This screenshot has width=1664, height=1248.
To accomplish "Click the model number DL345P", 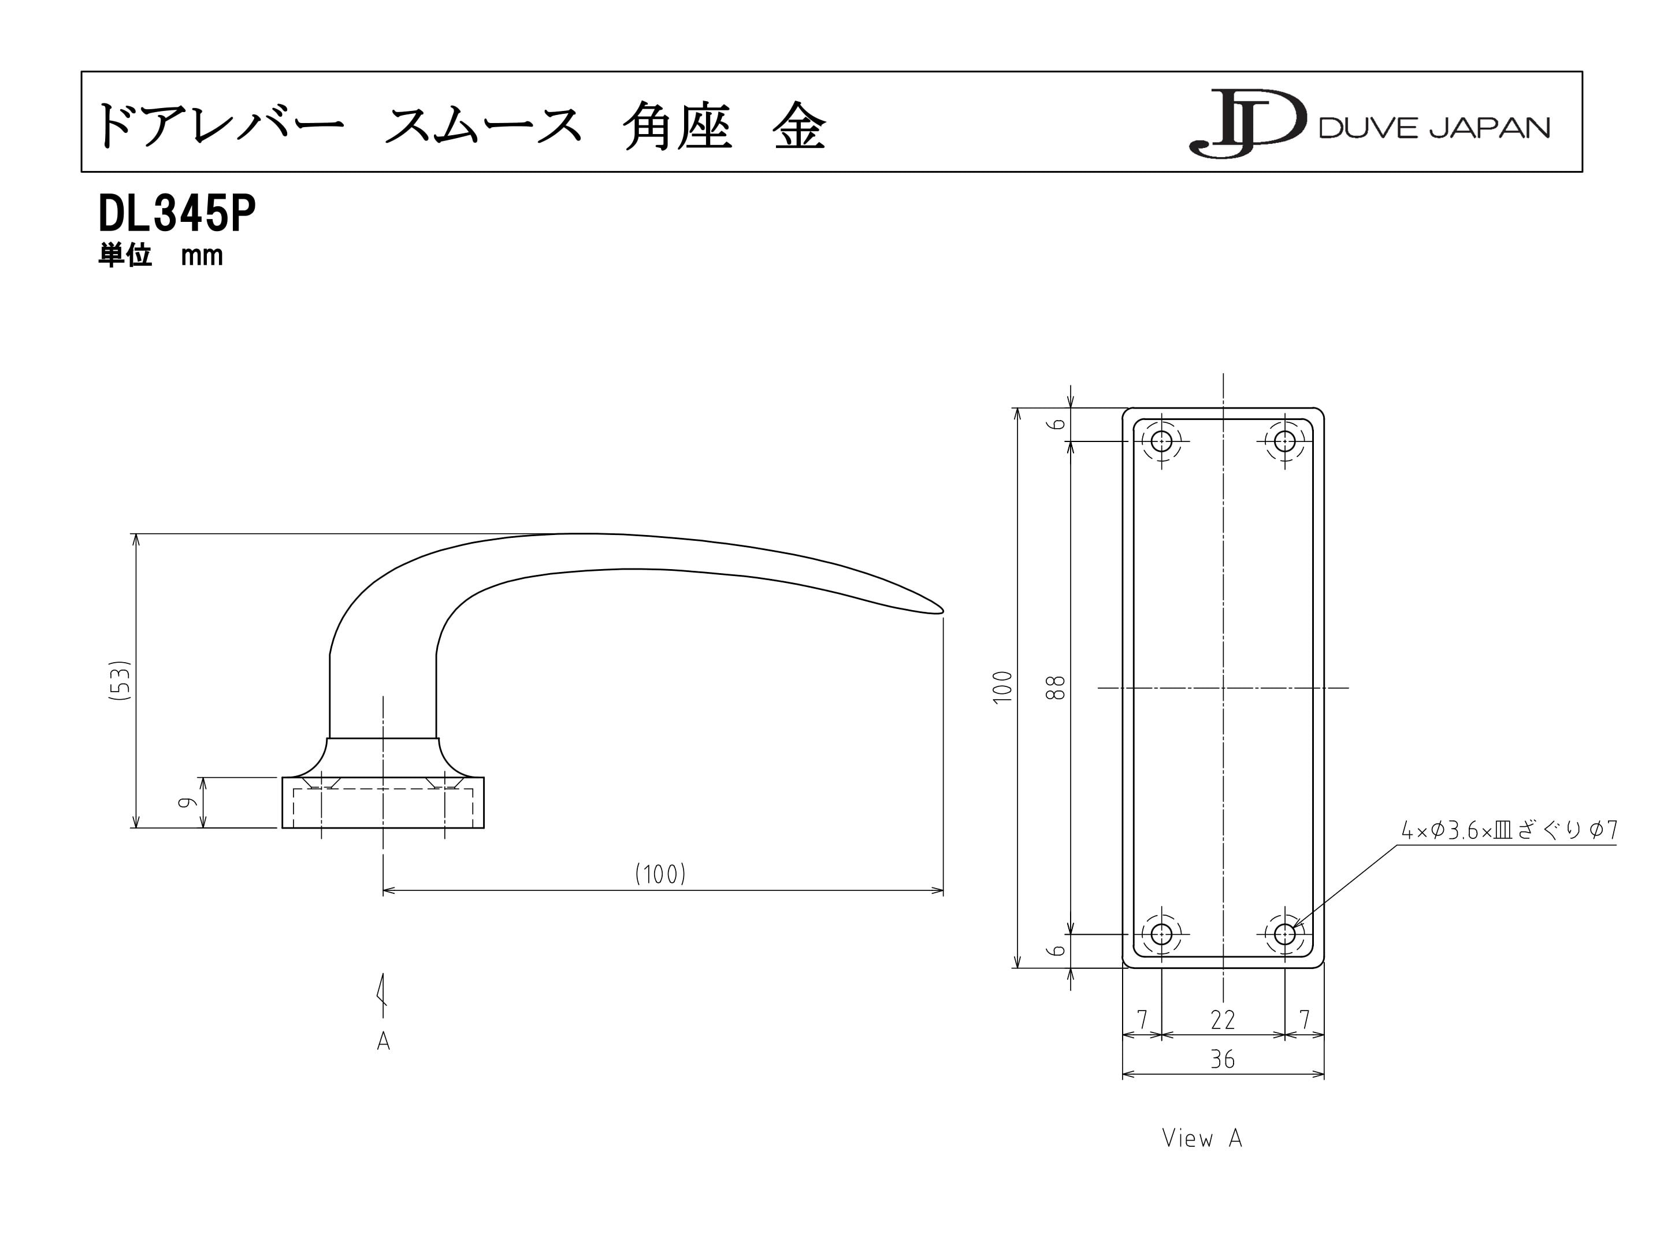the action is (177, 214).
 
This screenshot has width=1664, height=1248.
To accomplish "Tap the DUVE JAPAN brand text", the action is (1435, 128).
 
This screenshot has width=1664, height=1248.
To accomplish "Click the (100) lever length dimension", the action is (660, 874).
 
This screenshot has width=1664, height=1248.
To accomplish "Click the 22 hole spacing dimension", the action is (1223, 1020).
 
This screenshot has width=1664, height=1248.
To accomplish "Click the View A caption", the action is (1201, 1138).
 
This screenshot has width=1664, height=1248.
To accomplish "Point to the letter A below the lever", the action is (384, 1041).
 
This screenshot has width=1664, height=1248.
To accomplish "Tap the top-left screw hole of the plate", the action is (1161, 440).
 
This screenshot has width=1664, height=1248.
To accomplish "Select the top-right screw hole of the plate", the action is (1285, 440).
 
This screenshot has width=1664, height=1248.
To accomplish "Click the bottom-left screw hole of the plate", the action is (1161, 934).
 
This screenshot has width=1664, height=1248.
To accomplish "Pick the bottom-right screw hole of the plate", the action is (1285, 934).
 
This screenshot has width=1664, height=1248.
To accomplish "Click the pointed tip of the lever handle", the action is (944, 610).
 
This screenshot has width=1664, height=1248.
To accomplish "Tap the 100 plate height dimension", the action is (1003, 688).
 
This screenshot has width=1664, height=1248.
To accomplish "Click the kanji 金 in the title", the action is (799, 125).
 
